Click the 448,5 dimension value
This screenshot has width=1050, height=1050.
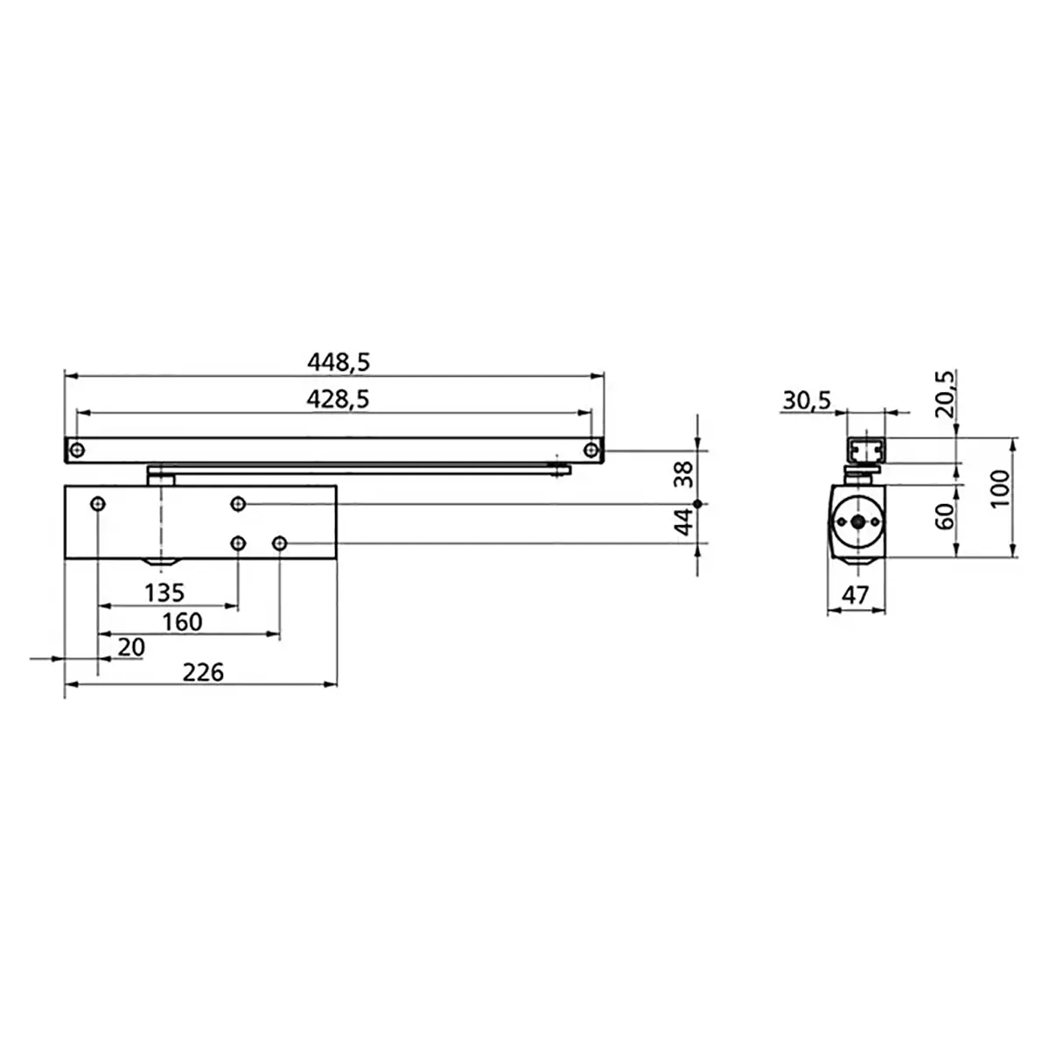point(339,362)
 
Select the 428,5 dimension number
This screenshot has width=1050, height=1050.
point(338,399)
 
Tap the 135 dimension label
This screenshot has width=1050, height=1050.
point(164,593)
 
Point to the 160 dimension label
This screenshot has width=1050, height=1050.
point(182,622)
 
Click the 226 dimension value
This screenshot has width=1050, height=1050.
point(203,672)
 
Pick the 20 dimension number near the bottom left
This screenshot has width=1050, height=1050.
point(131,647)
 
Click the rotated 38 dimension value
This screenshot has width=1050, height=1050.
point(683,474)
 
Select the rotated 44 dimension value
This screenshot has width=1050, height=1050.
point(683,522)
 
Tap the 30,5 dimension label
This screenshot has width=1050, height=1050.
point(807,401)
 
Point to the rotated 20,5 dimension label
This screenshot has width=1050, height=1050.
point(945,394)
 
